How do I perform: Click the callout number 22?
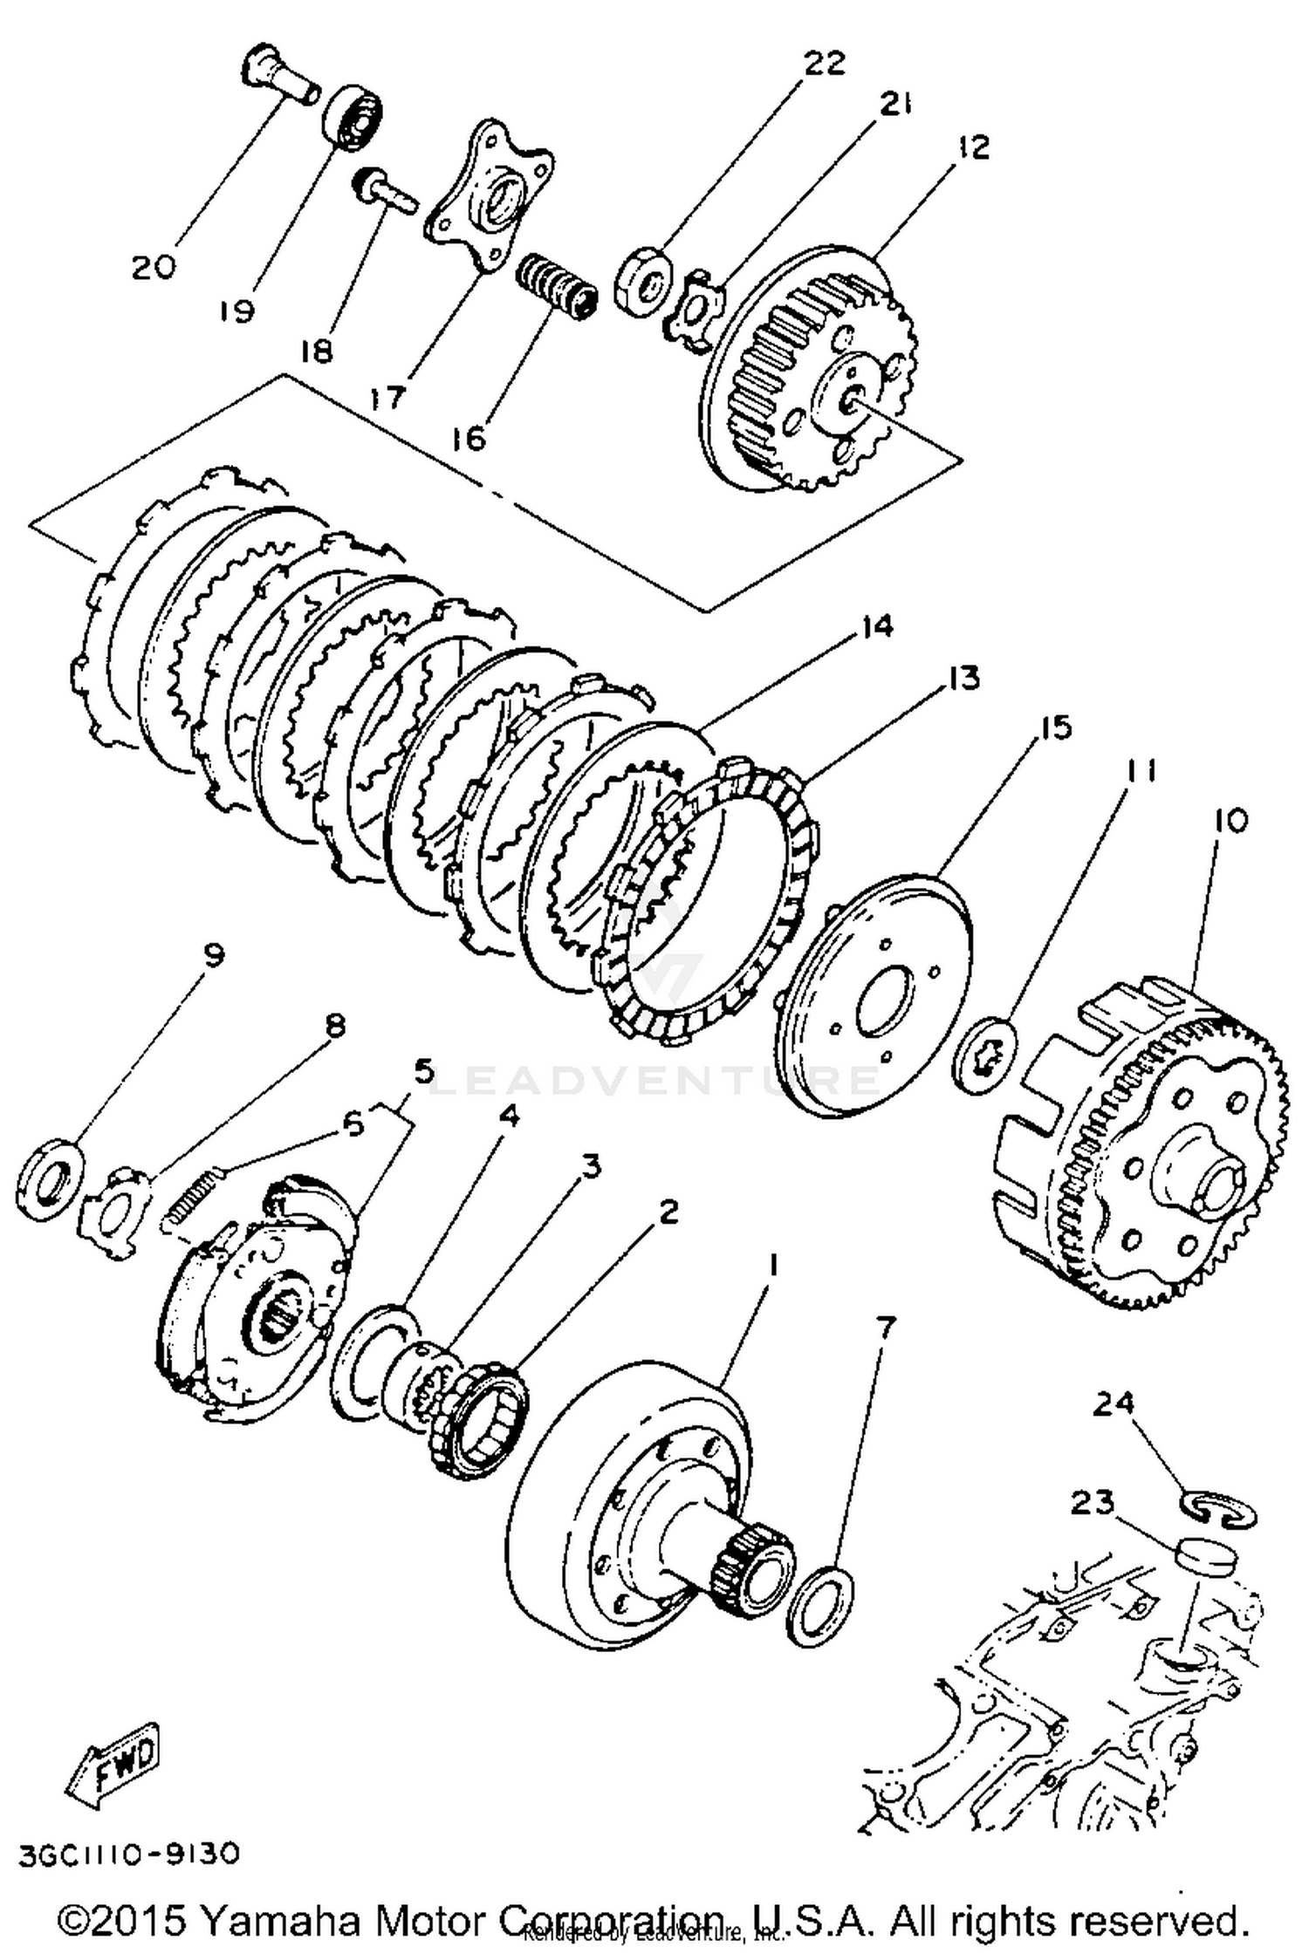click(822, 64)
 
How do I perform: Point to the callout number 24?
click(1113, 1403)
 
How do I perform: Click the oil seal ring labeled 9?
click(49, 1178)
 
